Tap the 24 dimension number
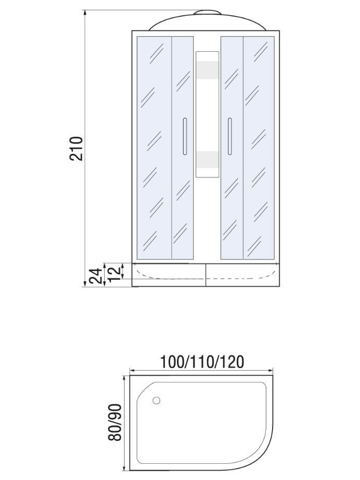(x=95, y=276)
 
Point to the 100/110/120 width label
(x=203, y=362)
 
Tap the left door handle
(x=184, y=136)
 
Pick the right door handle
(x=230, y=136)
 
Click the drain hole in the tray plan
(x=156, y=400)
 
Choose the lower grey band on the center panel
(x=207, y=159)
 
